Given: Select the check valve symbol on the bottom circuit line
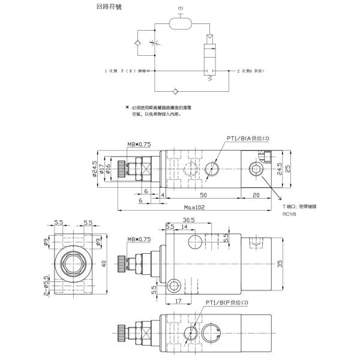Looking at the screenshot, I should (175, 91).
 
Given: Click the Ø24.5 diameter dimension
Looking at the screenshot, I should (95, 170).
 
